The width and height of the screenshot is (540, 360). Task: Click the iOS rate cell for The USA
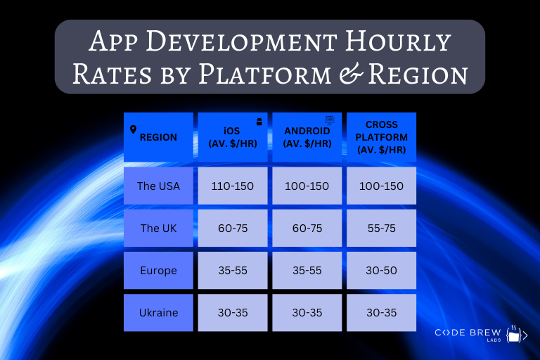pos(233,186)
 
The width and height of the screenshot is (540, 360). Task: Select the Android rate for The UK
pos(307,228)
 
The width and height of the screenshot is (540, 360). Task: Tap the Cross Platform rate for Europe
pos(381,270)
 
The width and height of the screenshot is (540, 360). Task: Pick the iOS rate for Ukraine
pos(233,312)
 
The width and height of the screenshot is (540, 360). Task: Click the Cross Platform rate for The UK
pos(381,228)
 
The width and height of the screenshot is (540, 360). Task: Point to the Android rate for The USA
pos(307,186)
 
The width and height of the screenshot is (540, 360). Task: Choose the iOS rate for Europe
pos(233,270)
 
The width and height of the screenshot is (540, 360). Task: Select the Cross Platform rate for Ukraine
pos(381,312)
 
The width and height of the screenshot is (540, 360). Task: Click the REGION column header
pos(158,137)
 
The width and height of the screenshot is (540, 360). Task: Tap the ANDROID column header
pos(307,137)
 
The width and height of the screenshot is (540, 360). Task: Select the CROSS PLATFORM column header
pos(381,137)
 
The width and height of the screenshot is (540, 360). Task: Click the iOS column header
pos(233,137)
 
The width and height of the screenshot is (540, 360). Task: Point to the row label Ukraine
pos(159,312)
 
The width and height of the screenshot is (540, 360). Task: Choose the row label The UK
pos(159,228)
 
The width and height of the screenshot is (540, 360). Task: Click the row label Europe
pos(159,270)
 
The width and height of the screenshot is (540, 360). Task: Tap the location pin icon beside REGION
pos(134,129)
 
